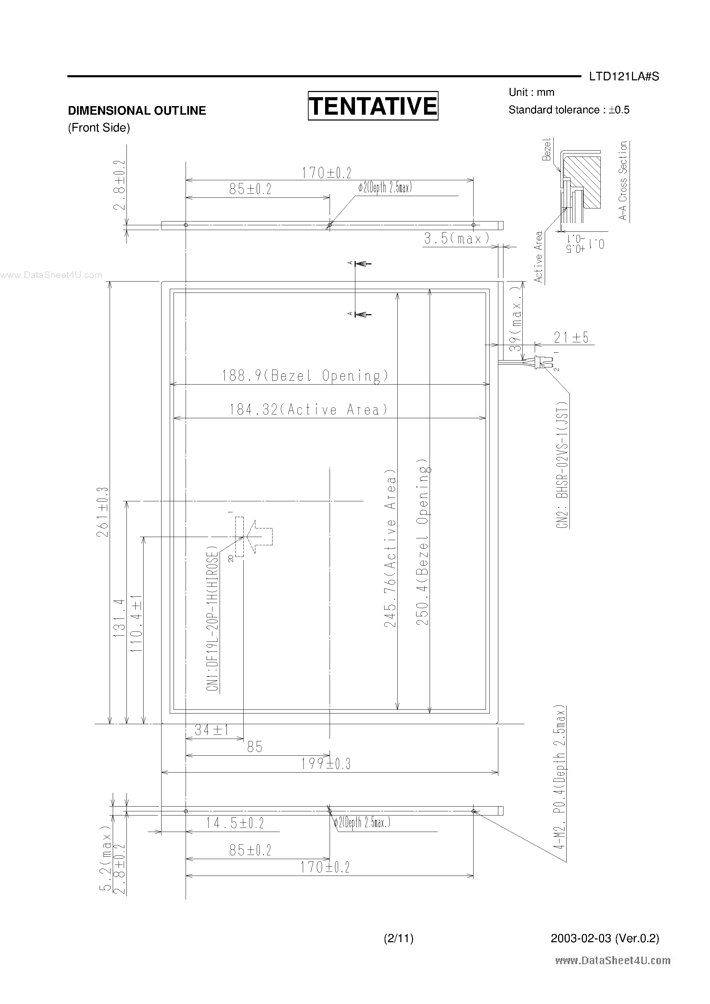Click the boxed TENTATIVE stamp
[373, 106]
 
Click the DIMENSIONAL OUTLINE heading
[136, 111]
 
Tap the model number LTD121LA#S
[624, 77]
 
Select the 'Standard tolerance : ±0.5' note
[569, 110]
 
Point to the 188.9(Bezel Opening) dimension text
[305, 376]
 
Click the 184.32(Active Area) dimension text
[309, 410]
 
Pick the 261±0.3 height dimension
[103, 511]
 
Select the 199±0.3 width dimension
[326, 764]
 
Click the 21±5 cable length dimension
[571, 338]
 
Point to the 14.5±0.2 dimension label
[235, 823]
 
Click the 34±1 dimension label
[212, 730]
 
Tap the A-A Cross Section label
[623, 180]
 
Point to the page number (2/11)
[398, 938]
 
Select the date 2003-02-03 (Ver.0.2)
[605, 938]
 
